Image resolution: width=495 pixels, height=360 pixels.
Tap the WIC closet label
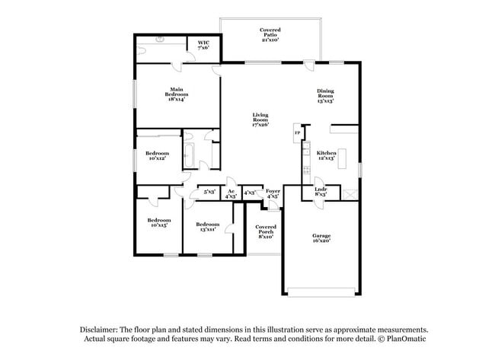(203, 45)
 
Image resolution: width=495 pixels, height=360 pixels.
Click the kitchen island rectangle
(343, 158)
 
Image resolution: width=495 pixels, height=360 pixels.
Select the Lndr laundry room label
(321, 193)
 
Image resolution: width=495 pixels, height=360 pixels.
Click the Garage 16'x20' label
(321, 238)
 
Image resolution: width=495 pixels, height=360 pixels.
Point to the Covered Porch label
(265, 231)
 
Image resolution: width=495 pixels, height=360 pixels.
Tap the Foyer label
(273, 193)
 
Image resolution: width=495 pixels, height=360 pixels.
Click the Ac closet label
(231, 193)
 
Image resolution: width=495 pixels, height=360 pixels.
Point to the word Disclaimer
(100, 330)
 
